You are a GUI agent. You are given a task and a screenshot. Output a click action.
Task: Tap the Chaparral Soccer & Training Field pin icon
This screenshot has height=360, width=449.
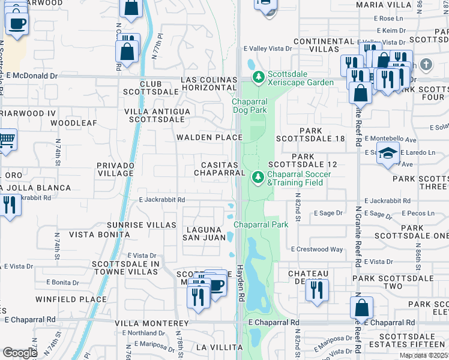[258, 178]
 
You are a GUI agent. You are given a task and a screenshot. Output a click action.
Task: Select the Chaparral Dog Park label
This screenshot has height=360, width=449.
[250, 106]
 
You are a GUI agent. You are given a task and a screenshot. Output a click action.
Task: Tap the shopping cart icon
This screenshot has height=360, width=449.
[7, 140]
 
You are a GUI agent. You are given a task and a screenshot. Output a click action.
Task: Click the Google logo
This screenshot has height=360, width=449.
[19, 353]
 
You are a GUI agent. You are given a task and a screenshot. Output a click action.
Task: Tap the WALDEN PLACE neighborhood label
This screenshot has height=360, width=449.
[208, 137]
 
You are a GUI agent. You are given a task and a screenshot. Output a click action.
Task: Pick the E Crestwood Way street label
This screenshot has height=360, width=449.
[317, 249]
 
